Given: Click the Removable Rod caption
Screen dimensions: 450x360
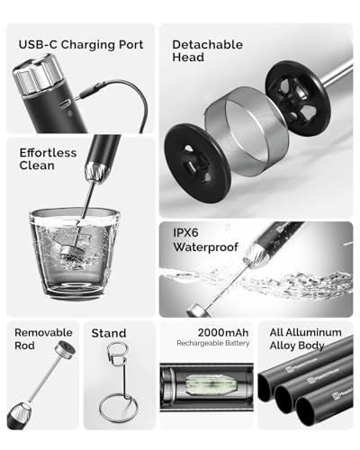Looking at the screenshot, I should [x=43, y=338].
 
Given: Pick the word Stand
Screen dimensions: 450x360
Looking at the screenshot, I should [x=109, y=333].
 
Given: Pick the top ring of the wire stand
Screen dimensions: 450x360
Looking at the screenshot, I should [x=118, y=354].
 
